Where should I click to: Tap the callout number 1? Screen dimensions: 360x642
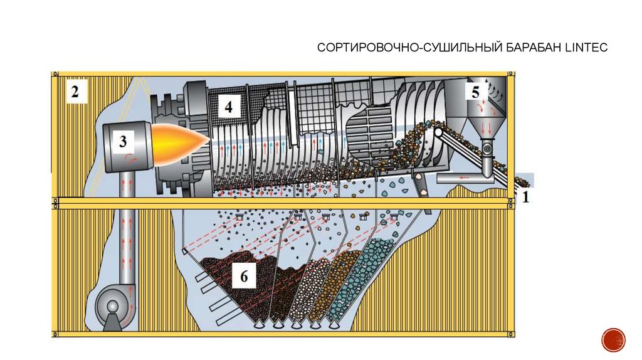tap(525, 198)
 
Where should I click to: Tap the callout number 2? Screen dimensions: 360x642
tap(75, 93)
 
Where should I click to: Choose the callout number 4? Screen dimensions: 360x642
tap(229, 107)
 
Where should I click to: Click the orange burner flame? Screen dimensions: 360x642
tap(182, 141)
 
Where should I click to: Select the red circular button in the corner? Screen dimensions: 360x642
tap(613, 339)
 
